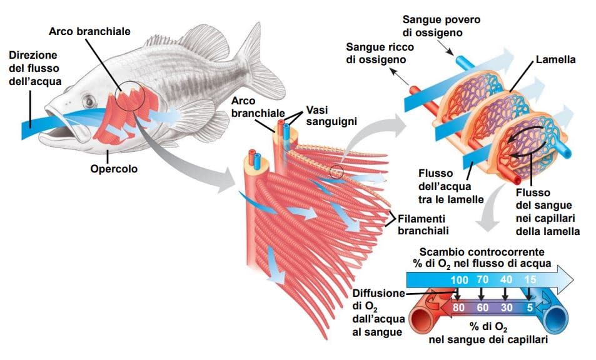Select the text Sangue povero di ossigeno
pos(442,26)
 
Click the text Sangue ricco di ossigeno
pos(376,54)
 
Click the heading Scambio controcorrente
pos(481,252)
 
